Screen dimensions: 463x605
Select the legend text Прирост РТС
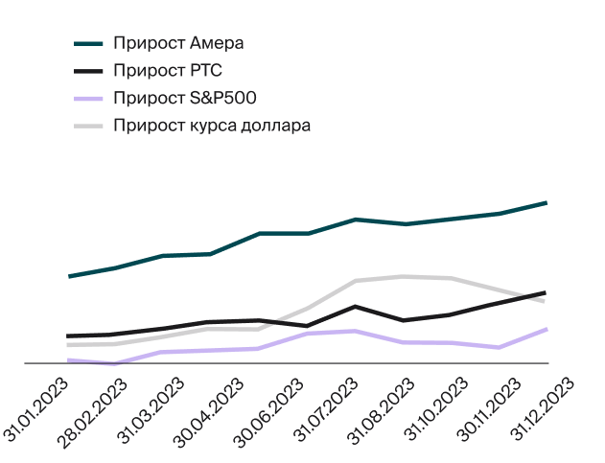pos(168,70)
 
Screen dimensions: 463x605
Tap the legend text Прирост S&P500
pos(184,98)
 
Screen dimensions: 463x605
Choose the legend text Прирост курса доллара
pos(212,126)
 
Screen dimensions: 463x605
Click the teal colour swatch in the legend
pos(88,43)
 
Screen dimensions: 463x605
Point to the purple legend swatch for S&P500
pos(88,98)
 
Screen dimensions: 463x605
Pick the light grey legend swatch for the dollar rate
pos(88,126)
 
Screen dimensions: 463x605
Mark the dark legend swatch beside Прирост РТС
pos(88,70)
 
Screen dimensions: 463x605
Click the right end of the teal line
pos(546,202)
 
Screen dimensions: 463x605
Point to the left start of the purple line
pos(69,359)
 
